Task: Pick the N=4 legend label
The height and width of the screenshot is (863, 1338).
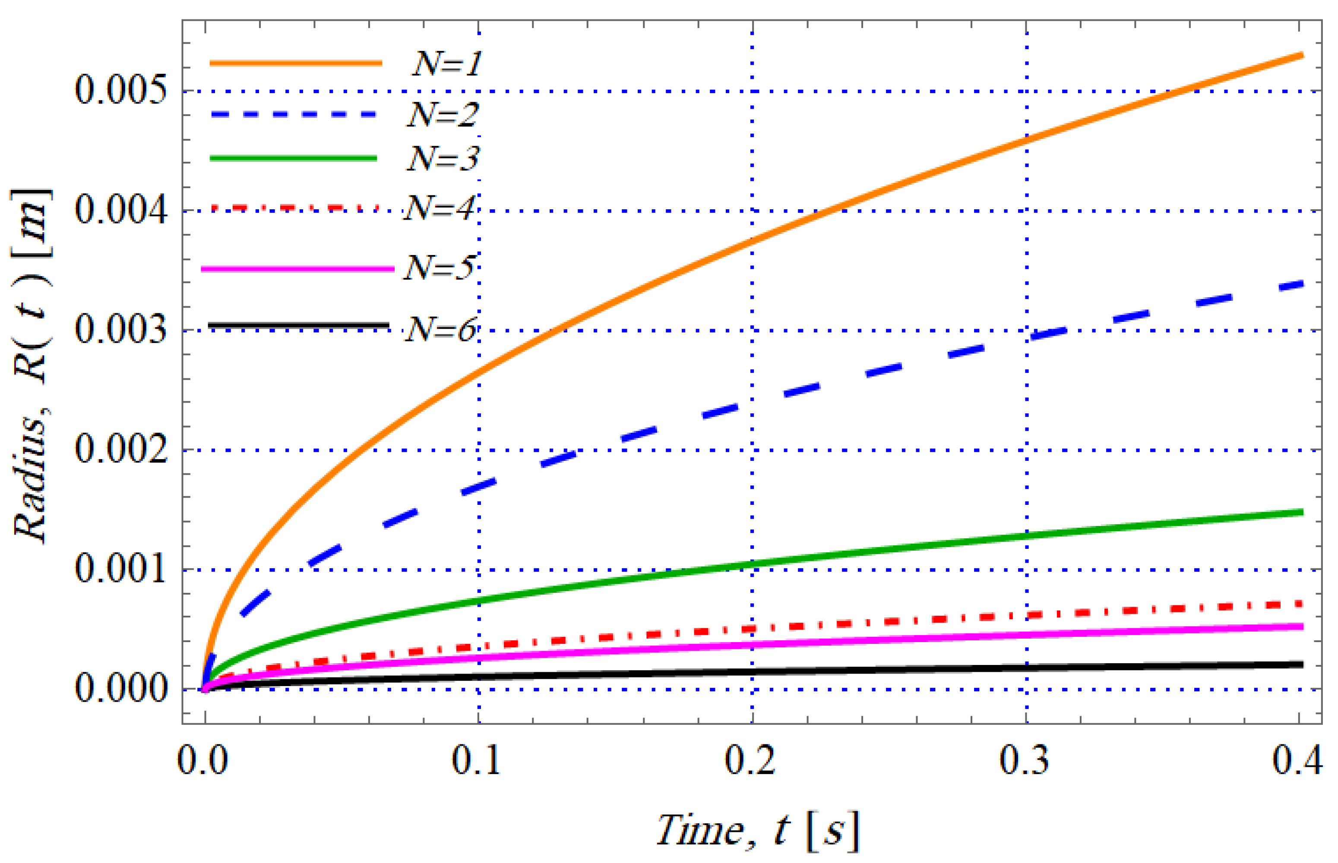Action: point(440,208)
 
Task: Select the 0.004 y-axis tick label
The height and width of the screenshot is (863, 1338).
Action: point(121,210)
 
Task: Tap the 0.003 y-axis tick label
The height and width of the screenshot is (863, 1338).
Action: point(121,330)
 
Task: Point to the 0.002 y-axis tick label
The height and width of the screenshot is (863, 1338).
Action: point(121,450)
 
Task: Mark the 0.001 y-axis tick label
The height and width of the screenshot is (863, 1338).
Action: point(121,569)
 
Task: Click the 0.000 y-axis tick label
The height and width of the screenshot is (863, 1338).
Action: point(121,688)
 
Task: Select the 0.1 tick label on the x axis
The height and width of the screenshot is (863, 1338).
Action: point(477,760)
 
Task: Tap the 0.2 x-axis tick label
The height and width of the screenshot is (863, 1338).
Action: point(750,760)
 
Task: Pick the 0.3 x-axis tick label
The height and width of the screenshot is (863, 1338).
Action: point(1025,760)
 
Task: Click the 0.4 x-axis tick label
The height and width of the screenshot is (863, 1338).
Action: point(1297,760)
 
